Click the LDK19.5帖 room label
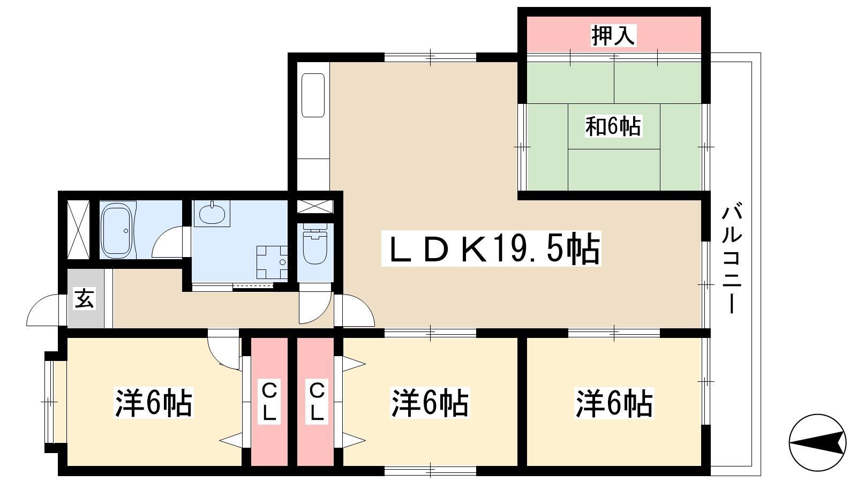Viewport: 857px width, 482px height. point(491,248)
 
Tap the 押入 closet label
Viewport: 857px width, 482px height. point(613,35)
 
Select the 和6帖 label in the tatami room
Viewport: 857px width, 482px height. point(613,126)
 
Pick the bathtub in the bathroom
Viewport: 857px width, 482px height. point(117,229)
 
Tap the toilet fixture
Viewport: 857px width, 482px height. point(315,244)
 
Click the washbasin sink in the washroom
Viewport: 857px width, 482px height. point(212,214)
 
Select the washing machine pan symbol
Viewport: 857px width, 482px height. point(272,262)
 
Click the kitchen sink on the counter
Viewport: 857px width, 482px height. point(313,95)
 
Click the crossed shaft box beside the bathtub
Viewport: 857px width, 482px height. point(78,229)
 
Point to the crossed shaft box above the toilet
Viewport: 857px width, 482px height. point(315,207)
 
